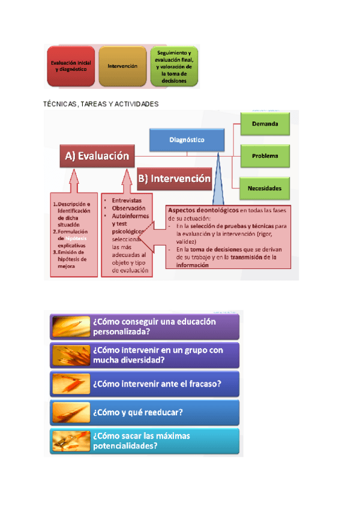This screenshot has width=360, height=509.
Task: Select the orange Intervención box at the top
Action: click(x=122, y=66)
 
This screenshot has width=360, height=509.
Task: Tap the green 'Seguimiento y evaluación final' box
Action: click(x=174, y=66)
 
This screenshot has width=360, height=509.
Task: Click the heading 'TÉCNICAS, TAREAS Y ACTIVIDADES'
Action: click(x=101, y=104)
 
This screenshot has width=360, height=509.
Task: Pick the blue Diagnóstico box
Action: click(x=186, y=140)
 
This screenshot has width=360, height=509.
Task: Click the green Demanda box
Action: click(x=265, y=124)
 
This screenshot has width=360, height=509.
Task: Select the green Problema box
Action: click(x=265, y=156)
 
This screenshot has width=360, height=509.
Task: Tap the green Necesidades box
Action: click(x=265, y=188)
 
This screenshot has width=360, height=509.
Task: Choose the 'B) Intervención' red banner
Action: click(x=175, y=178)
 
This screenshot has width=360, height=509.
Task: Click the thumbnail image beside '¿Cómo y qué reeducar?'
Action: click(x=71, y=412)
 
